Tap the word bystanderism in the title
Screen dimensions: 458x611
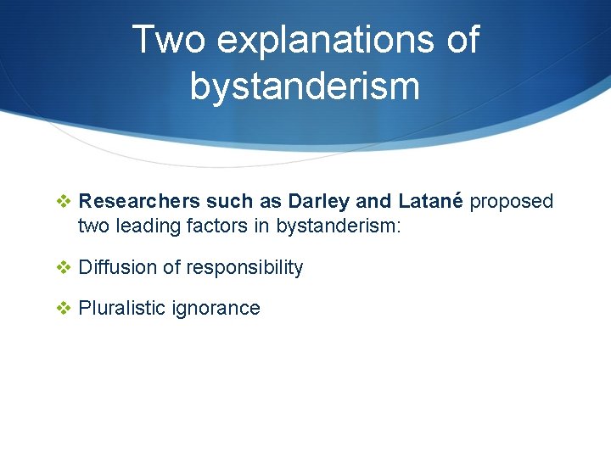tap(305, 86)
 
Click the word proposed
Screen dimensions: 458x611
tap(511, 202)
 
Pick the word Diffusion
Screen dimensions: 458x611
tap(117, 268)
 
